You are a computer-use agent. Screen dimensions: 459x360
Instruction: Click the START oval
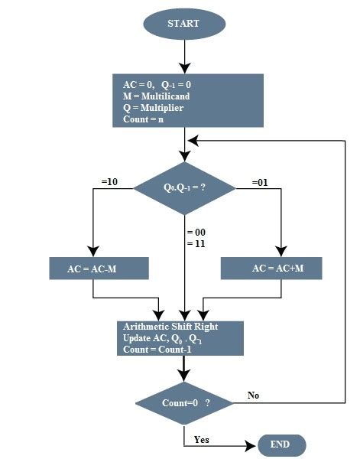tap(183, 23)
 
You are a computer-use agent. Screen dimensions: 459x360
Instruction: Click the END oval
tap(281, 445)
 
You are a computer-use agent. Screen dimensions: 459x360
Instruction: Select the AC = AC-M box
tap(97, 269)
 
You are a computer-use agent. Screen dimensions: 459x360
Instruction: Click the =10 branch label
tap(109, 182)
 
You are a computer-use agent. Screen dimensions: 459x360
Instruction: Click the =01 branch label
tap(261, 182)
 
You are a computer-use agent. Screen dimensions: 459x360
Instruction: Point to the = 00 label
tap(196, 232)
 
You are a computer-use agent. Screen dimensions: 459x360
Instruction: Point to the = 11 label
tap(196, 243)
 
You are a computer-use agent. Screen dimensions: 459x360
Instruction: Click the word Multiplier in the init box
tap(157, 108)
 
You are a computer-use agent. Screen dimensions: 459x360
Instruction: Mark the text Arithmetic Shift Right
tap(170, 327)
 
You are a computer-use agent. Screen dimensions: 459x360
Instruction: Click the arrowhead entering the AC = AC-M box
tap(92, 252)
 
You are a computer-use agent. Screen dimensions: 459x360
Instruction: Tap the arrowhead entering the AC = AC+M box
tap(281, 252)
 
